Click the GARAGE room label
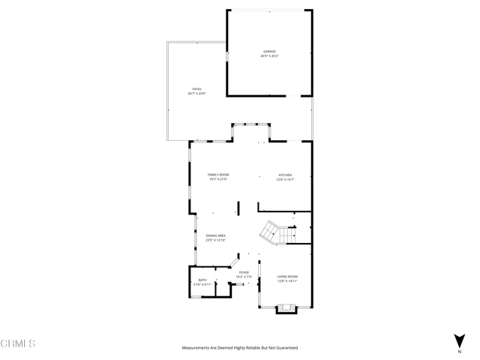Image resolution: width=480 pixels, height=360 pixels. click(269, 51)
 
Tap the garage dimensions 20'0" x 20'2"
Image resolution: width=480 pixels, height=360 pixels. click(269, 56)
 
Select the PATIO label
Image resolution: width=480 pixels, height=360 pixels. click(196, 88)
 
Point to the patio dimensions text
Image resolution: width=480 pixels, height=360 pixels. click(196, 94)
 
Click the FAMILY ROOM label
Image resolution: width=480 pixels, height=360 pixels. click(218, 174)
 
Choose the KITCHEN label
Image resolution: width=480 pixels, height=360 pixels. click(285, 174)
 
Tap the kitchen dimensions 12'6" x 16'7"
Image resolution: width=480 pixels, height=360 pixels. click(285, 179)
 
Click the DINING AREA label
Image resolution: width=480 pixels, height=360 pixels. click(216, 235)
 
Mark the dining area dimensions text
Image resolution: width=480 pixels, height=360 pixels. click(216, 241)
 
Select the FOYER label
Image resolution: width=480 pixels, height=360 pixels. click(244, 272)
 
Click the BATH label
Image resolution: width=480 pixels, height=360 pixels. click(202, 280)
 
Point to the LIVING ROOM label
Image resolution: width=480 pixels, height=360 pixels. click(288, 276)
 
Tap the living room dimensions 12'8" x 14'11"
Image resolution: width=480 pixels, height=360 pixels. click(288, 281)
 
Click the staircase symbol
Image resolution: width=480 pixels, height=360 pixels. click(274, 232)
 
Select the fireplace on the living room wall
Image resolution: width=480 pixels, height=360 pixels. click(287, 307)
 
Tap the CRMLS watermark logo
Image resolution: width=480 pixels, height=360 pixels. click(19, 343)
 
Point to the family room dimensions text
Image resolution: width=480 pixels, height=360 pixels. click(218, 179)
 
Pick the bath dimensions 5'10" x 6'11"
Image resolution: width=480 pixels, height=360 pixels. click(202, 285)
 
